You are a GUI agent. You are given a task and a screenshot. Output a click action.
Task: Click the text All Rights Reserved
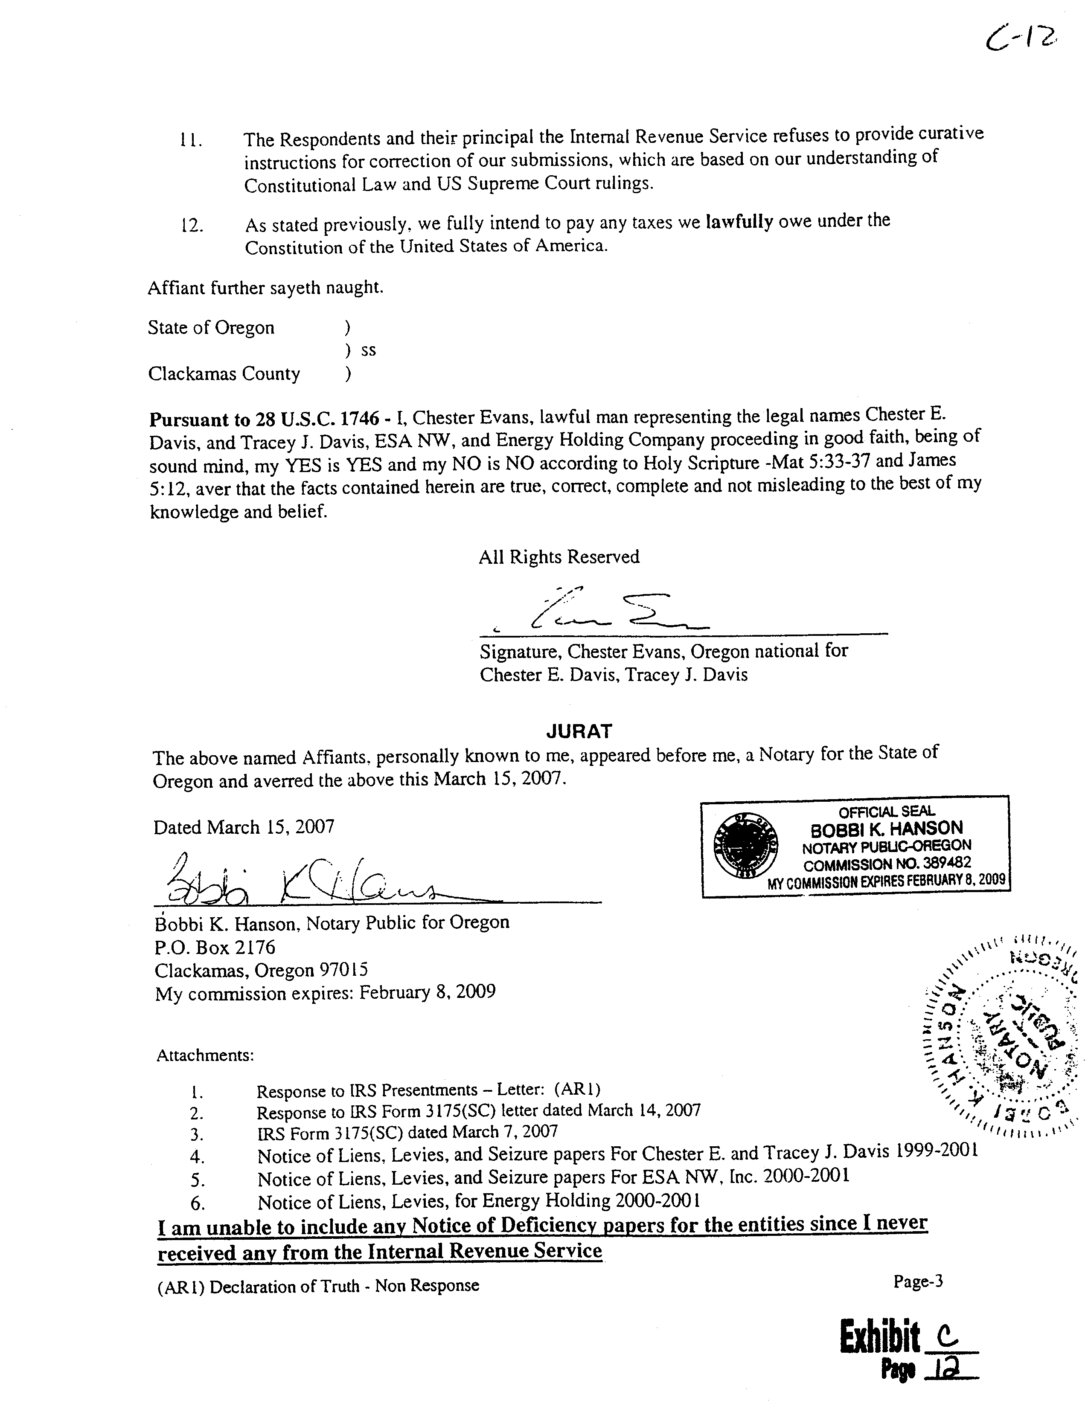(559, 557)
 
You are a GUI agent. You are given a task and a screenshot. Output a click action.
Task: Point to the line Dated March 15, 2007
(244, 826)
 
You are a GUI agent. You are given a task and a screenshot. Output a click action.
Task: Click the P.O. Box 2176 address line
(215, 947)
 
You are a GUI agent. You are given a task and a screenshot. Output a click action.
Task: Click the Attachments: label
(205, 1056)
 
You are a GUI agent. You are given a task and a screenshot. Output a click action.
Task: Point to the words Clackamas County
(224, 374)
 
